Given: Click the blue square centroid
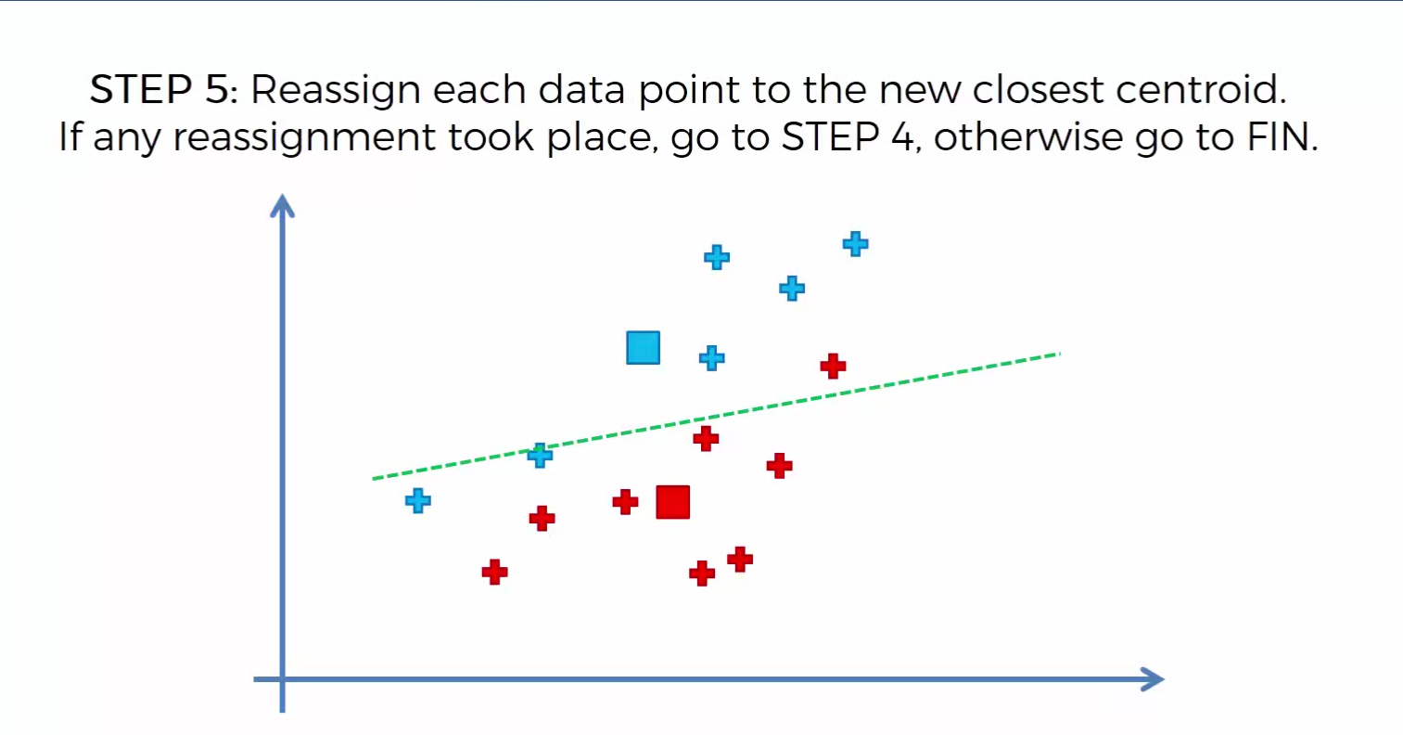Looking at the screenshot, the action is click(x=644, y=348).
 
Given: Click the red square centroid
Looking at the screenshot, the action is click(x=673, y=502).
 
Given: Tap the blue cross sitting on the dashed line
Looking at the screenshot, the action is click(x=540, y=456).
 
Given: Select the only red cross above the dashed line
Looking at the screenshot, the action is click(x=833, y=366).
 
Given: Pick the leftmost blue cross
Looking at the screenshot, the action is click(x=418, y=500).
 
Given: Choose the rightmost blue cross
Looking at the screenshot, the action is click(x=856, y=244).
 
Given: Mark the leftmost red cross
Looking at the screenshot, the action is click(x=495, y=572).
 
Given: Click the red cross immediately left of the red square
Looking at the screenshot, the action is click(x=625, y=502).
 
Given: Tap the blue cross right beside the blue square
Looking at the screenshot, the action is click(x=712, y=358).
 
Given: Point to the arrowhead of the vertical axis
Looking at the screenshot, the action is click(x=283, y=204).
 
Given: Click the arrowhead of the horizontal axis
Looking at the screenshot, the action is click(x=1154, y=679).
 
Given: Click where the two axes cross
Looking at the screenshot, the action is click(x=283, y=679).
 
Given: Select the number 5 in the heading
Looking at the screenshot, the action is click(x=217, y=89).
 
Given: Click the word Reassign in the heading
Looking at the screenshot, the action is click(x=335, y=91).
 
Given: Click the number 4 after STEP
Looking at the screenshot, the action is click(x=902, y=136).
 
